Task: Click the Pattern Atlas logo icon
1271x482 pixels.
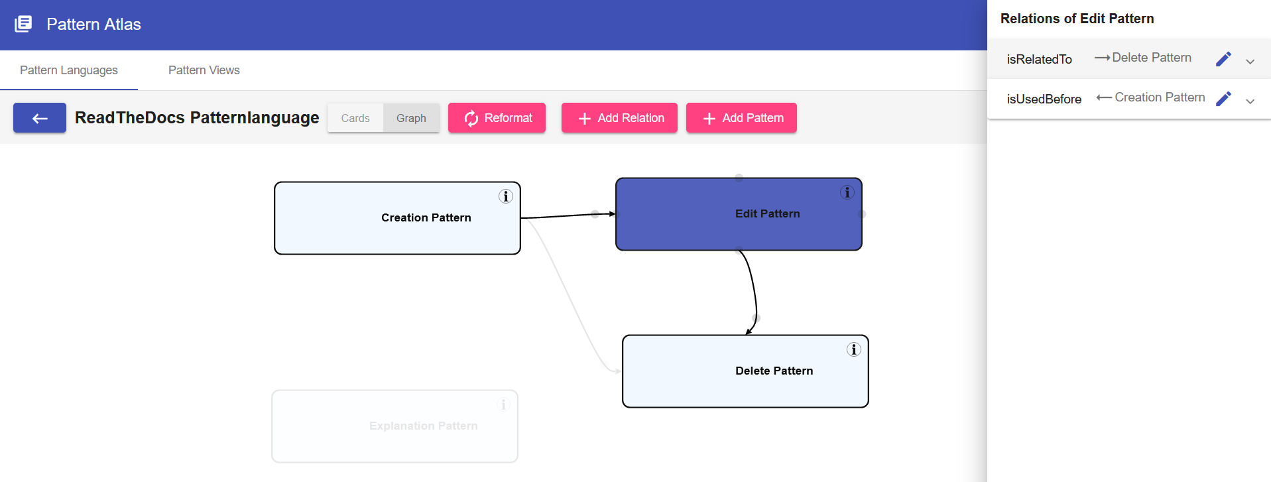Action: click(x=23, y=24)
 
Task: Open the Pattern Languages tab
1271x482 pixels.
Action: click(x=69, y=70)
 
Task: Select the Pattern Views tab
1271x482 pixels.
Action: click(x=204, y=70)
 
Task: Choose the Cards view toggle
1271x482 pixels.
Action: click(x=355, y=118)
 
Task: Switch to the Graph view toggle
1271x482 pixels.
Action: click(x=411, y=118)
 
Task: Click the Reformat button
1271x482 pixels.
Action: click(x=497, y=118)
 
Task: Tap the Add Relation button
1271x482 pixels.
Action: click(x=619, y=118)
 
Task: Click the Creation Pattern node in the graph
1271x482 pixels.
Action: click(x=397, y=218)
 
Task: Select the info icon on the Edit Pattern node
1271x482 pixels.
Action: click(x=847, y=192)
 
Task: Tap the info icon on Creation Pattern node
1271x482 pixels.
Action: click(x=506, y=196)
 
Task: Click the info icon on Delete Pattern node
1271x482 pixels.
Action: click(x=854, y=349)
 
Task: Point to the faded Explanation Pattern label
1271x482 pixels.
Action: click(x=424, y=426)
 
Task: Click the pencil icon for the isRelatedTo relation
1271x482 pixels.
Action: click(x=1223, y=59)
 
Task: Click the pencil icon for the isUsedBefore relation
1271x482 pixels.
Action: click(x=1223, y=99)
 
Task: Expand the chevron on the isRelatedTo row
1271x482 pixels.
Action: click(x=1250, y=62)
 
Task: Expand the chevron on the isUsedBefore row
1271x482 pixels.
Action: click(x=1250, y=101)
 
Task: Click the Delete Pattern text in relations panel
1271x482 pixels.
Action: click(x=1152, y=58)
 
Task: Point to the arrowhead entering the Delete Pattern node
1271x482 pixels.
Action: click(x=749, y=331)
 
